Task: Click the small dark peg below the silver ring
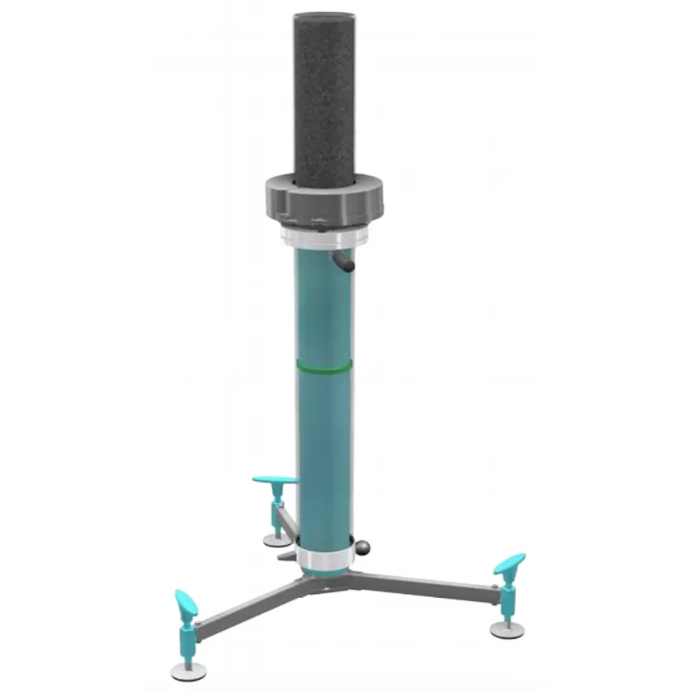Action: click(x=343, y=263)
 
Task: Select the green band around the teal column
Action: click(x=324, y=367)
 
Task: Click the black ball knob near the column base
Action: click(x=365, y=546)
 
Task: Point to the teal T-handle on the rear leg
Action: click(x=275, y=479)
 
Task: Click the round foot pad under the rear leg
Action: click(x=277, y=540)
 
